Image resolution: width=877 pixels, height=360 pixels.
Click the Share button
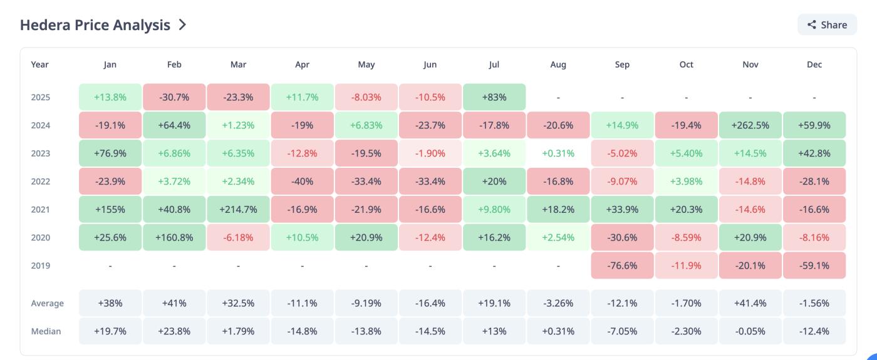[827, 25]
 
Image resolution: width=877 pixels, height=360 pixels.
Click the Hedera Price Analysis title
[95, 25]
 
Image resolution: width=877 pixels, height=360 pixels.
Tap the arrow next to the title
[182, 25]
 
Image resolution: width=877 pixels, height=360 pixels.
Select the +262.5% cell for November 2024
[750, 125]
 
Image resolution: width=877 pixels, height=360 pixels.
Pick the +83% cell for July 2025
[494, 97]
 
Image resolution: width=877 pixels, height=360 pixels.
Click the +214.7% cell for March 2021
[238, 210]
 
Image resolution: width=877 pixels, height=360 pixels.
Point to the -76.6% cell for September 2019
[622, 265]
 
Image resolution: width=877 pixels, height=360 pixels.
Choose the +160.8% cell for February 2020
[174, 238]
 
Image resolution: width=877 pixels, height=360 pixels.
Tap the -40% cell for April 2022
[303, 182]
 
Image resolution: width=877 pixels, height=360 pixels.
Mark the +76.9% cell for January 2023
[110, 153]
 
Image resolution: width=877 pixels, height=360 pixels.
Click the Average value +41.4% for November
[750, 303]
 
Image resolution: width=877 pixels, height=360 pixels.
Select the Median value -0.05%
[750, 331]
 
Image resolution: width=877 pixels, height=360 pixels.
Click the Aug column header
[558, 64]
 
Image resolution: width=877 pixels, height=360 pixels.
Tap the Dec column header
[814, 64]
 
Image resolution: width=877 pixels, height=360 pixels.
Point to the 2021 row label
[40, 210]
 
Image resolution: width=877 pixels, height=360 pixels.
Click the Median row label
[46, 331]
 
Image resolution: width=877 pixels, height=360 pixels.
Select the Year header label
[39, 64]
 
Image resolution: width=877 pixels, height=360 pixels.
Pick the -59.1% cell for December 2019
[814, 265]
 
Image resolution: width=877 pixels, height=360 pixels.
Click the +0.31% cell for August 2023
[558, 153]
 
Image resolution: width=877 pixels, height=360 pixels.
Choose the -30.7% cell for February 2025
[174, 97]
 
